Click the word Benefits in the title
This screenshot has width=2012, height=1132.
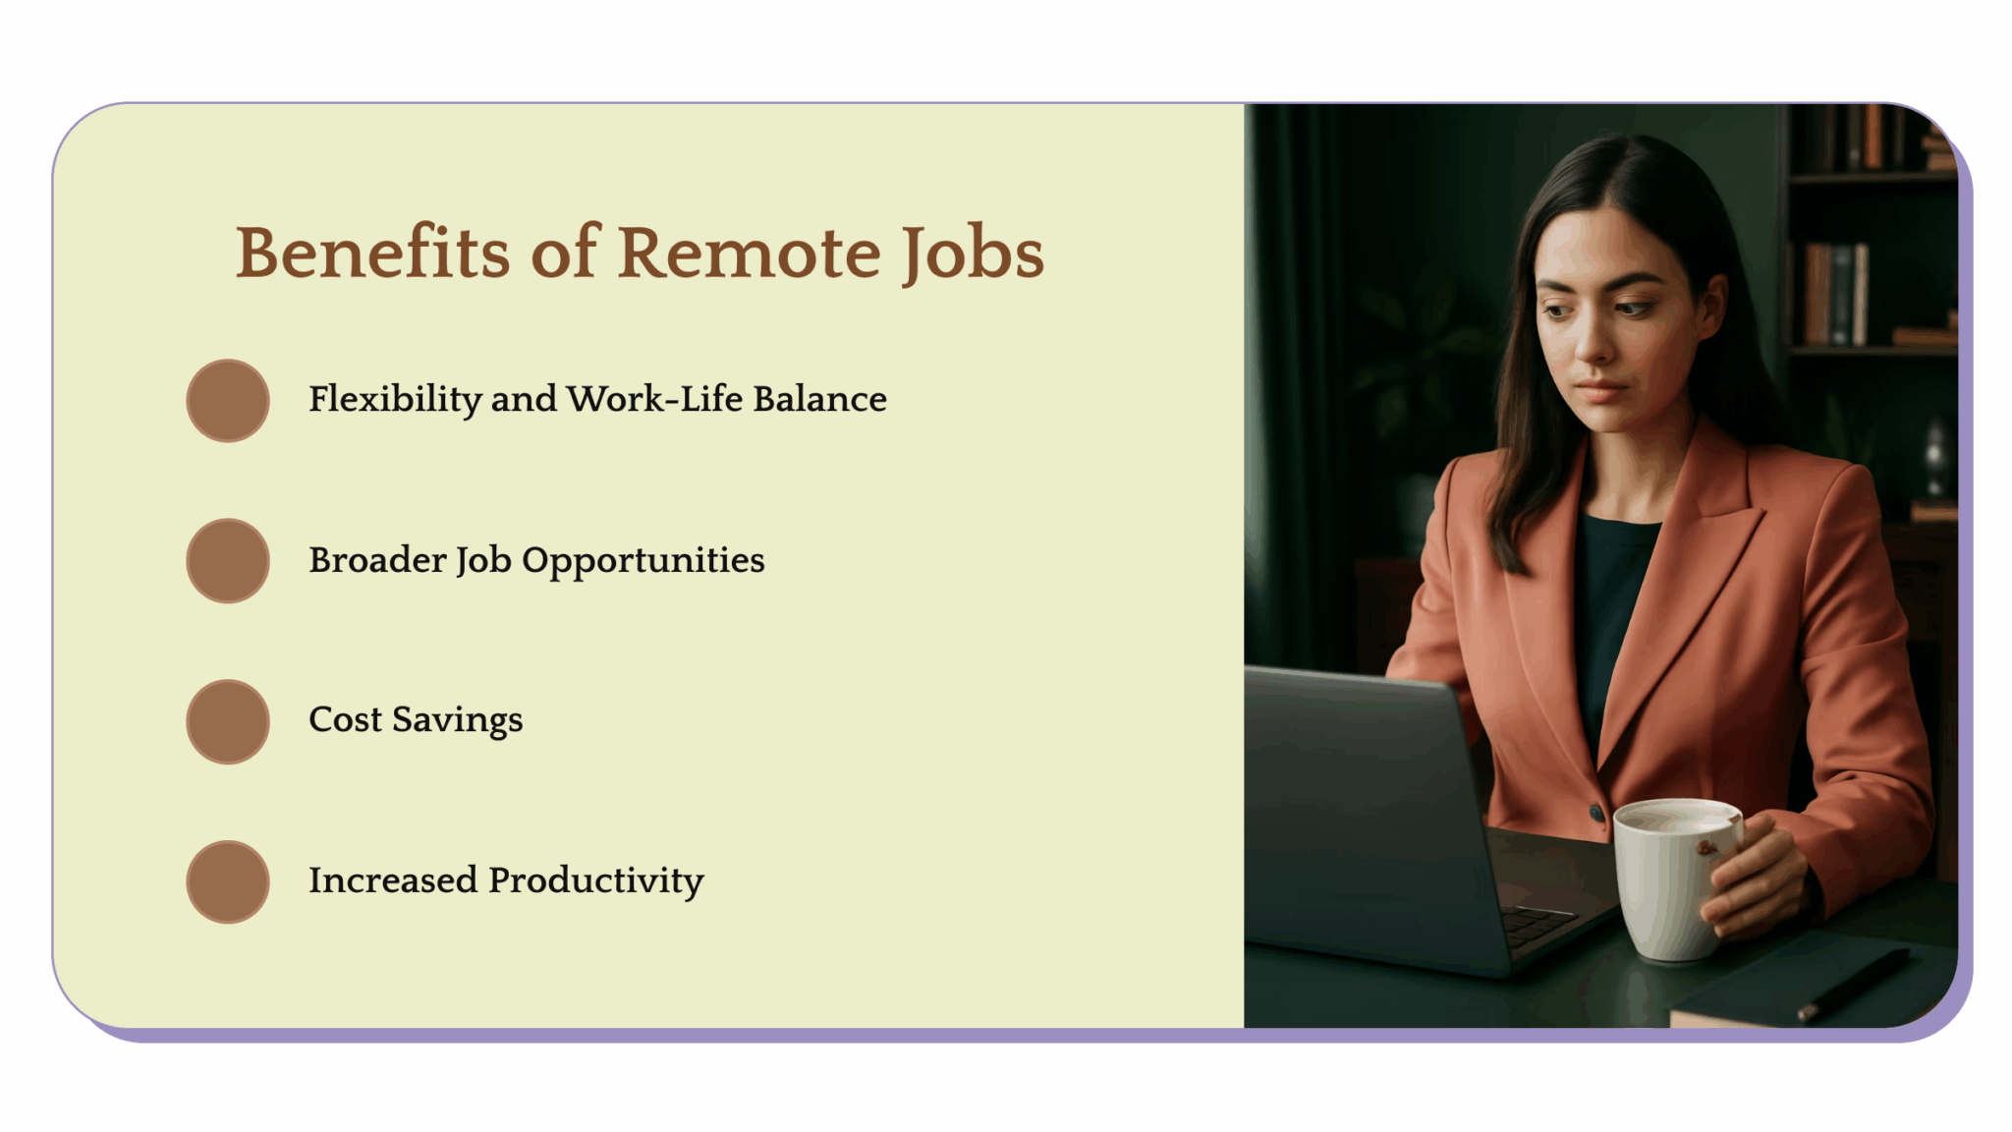coord(372,253)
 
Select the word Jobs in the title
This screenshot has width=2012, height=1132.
coord(973,253)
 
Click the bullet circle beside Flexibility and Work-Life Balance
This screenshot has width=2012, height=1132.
coord(228,400)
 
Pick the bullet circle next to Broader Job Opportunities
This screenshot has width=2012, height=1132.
coord(228,560)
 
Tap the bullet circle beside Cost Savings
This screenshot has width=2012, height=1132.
coord(228,721)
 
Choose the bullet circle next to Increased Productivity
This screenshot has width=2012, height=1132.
coord(228,881)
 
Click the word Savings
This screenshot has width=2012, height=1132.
coord(457,720)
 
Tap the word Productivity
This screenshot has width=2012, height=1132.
coord(595,880)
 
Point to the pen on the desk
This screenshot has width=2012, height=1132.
coord(1852,986)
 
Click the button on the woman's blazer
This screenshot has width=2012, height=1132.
coord(1596,812)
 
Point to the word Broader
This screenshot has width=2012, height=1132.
coord(377,560)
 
